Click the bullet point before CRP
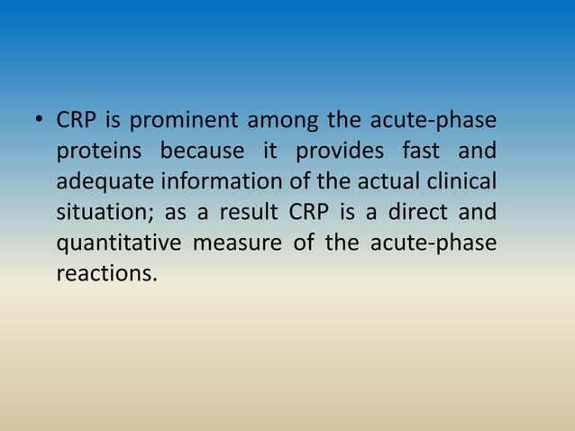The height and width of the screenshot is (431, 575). click(x=39, y=121)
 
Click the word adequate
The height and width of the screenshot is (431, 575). click(x=105, y=183)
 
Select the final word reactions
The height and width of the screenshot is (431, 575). click(x=106, y=273)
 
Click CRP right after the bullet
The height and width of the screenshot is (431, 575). click(x=76, y=121)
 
